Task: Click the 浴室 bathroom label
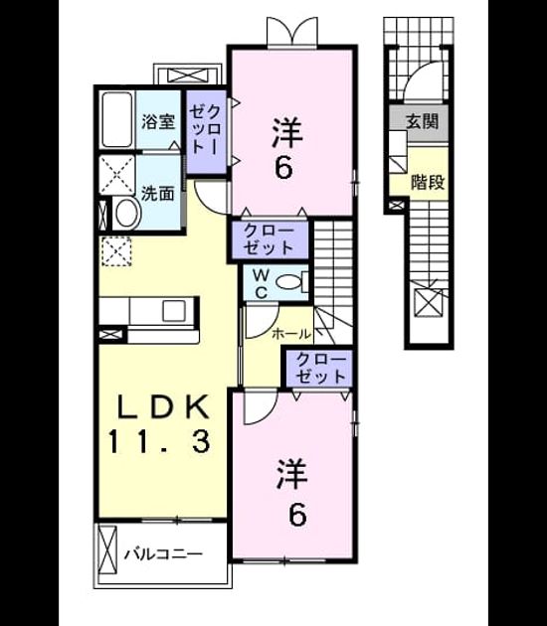(158, 122)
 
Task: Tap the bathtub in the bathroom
(117, 119)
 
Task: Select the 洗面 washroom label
(158, 194)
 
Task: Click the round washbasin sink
(126, 213)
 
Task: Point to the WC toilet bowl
(289, 282)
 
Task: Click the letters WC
(261, 283)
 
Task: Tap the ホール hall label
(291, 334)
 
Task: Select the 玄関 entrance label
(422, 121)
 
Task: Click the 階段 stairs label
(428, 183)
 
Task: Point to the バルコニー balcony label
(163, 554)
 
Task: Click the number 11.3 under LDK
(158, 442)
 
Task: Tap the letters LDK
(163, 406)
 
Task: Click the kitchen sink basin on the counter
(174, 311)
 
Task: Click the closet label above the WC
(269, 239)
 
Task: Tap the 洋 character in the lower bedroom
(291, 474)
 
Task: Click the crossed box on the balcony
(107, 548)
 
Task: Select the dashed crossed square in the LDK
(116, 251)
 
